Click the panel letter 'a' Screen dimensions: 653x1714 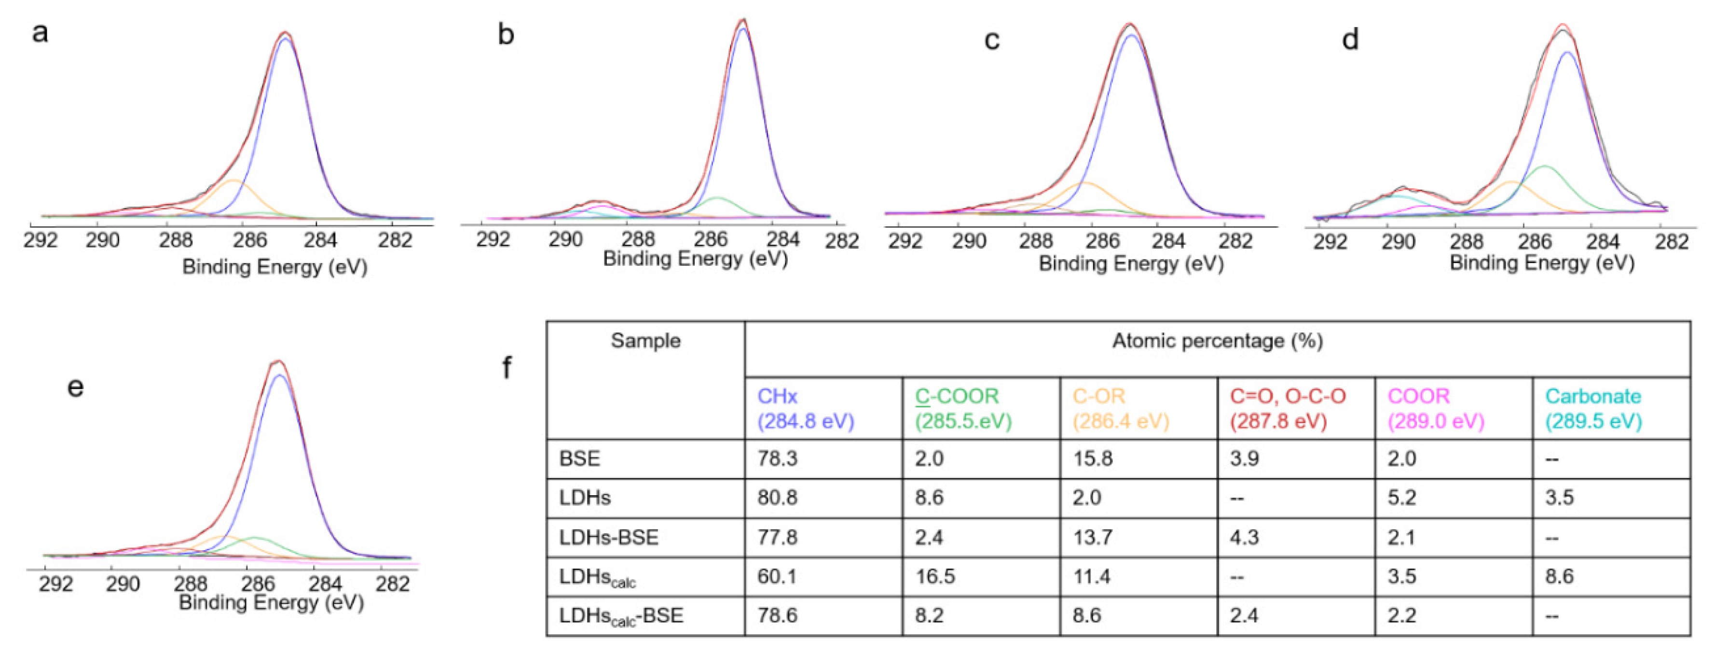click(x=40, y=32)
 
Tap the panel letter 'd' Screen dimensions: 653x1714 click(x=1349, y=40)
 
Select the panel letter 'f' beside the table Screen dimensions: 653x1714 click(x=507, y=367)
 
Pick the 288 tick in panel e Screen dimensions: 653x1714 click(x=190, y=584)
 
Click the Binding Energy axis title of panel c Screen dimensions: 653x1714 click(x=1131, y=264)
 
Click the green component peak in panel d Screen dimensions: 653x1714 click(x=1544, y=167)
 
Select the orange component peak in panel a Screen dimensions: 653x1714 click(x=233, y=181)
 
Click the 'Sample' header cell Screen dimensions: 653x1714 click(x=645, y=341)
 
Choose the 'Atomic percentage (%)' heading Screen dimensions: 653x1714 click(x=1217, y=341)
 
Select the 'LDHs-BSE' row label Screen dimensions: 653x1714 click(x=608, y=537)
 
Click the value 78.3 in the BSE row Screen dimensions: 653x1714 click(x=777, y=458)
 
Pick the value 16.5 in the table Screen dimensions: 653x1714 click(x=935, y=576)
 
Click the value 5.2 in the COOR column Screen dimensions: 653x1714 click(x=1401, y=498)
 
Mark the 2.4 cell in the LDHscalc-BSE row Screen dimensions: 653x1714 click(x=1244, y=616)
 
